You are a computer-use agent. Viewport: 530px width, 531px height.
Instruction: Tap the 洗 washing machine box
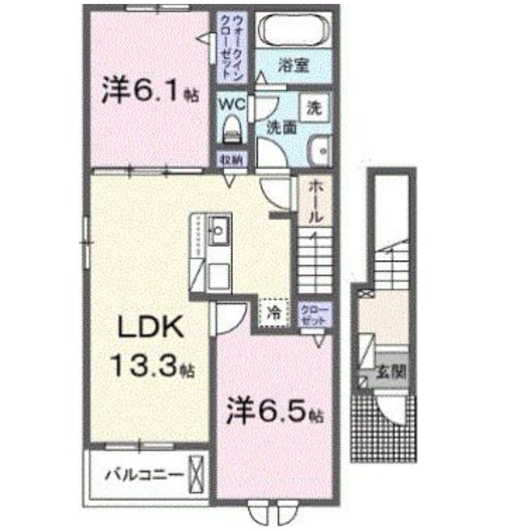pyautogui.click(x=315, y=108)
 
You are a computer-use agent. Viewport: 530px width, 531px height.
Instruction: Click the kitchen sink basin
pyautogui.click(x=218, y=230)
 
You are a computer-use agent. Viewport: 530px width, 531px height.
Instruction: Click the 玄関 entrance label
pyautogui.click(x=391, y=371)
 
